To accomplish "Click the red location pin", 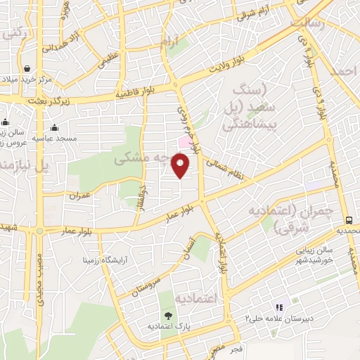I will coord(181,165).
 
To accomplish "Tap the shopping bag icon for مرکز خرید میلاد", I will coord(27,69).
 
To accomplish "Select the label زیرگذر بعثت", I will coord(28,102).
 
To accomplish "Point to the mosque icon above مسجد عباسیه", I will coord(54,127).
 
